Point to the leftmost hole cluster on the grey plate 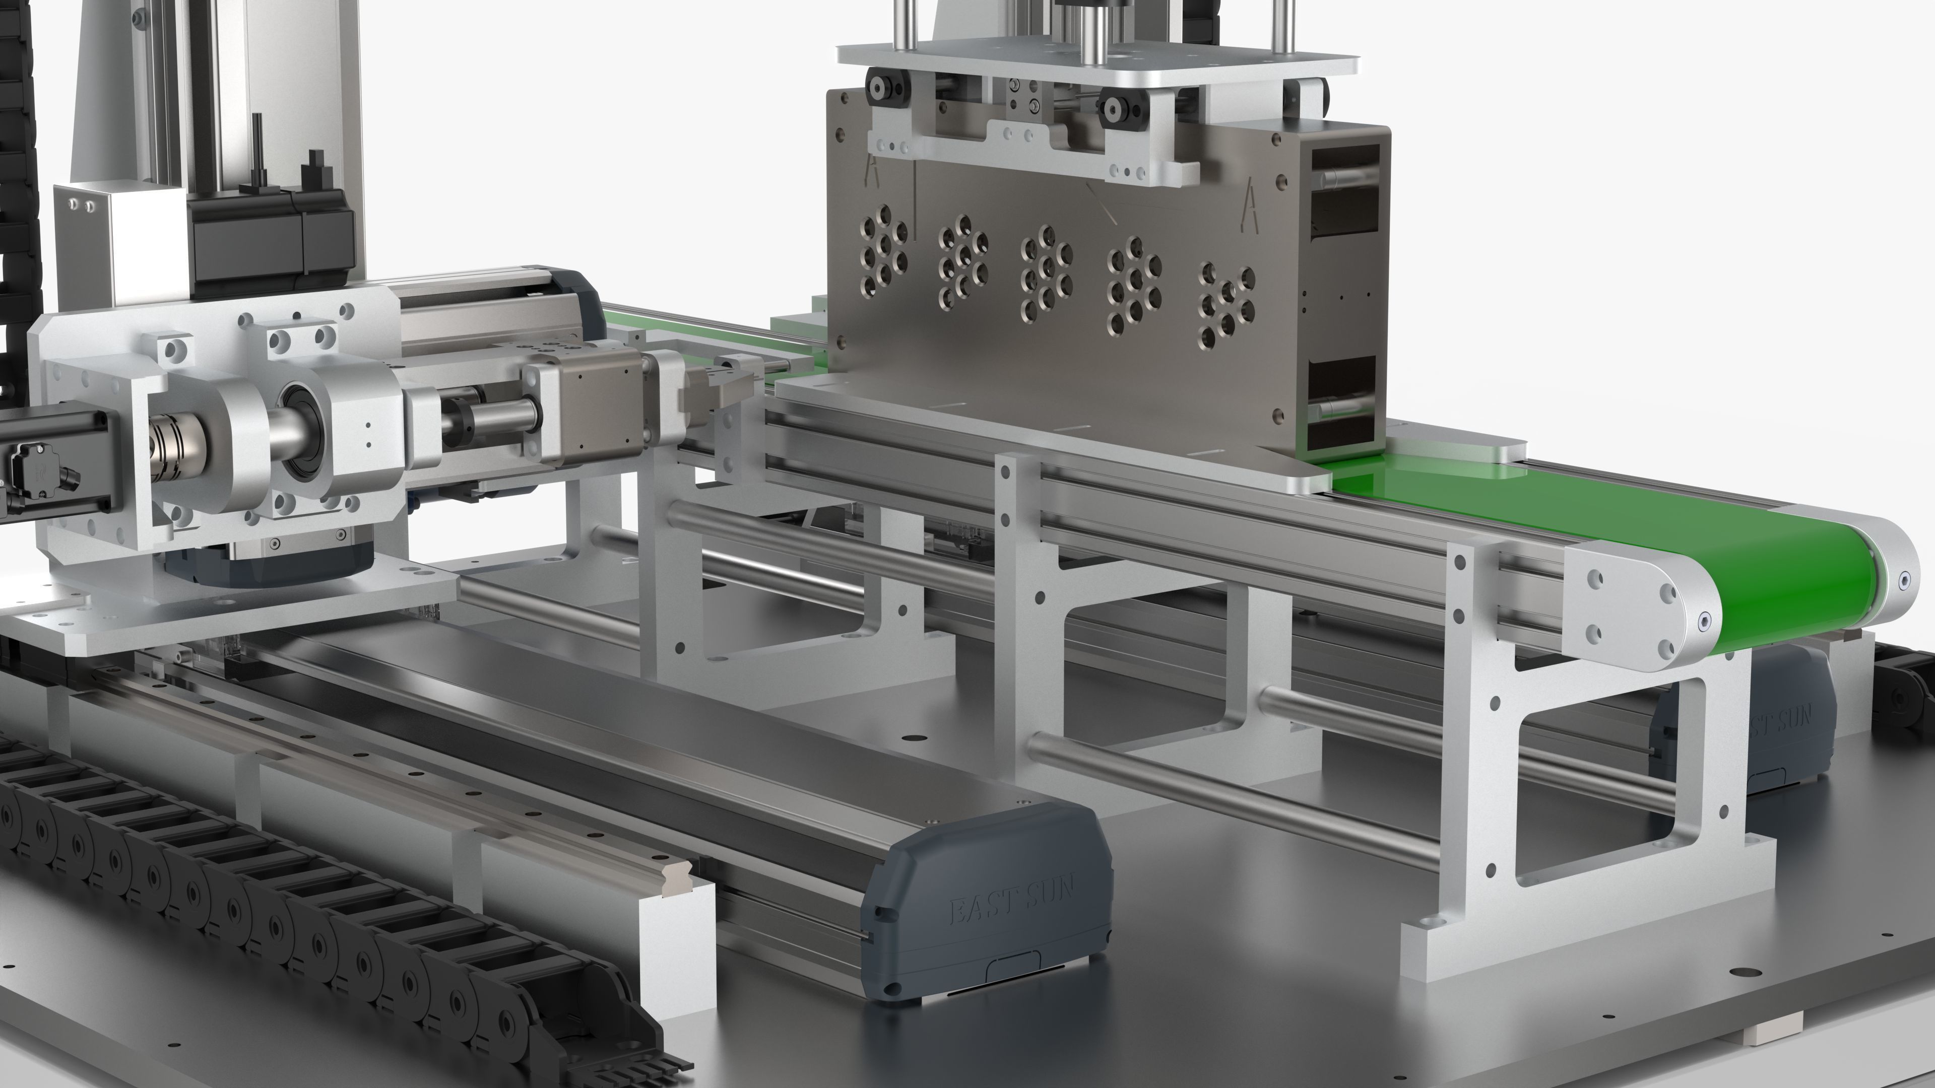(x=883, y=248)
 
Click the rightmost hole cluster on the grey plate (x=1225, y=303)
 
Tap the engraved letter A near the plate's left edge (x=872, y=171)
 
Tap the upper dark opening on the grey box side (x=1344, y=191)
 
